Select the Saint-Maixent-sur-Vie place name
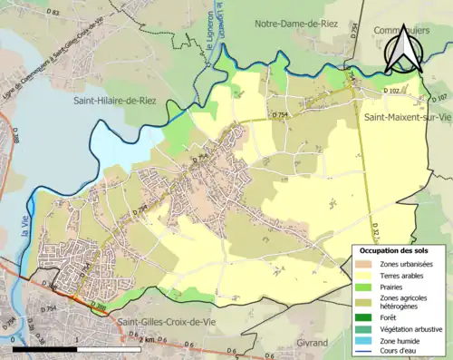click(x=407, y=118)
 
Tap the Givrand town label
click(x=313, y=343)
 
